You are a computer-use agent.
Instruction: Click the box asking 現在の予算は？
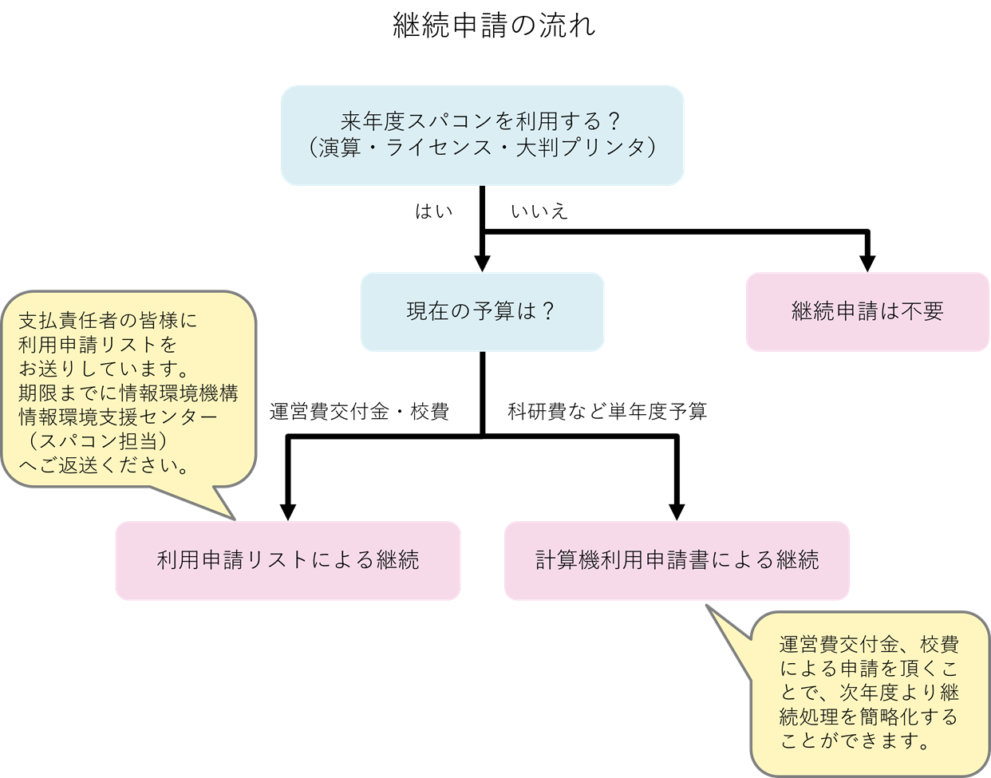(481, 311)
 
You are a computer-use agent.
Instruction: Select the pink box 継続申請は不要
(867, 311)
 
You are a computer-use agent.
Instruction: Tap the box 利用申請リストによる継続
(287, 560)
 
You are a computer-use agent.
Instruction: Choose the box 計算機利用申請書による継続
(677, 560)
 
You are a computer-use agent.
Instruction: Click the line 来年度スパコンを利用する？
(481, 122)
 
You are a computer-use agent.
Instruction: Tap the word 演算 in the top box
(341, 148)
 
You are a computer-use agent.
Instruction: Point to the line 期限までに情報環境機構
(128, 393)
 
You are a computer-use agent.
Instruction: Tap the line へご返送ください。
(104, 465)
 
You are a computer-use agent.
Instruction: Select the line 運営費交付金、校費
(869, 645)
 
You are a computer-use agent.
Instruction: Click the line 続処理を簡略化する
(869, 717)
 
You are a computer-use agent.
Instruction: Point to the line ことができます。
(855, 740)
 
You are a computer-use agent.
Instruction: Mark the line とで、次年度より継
(869, 693)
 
